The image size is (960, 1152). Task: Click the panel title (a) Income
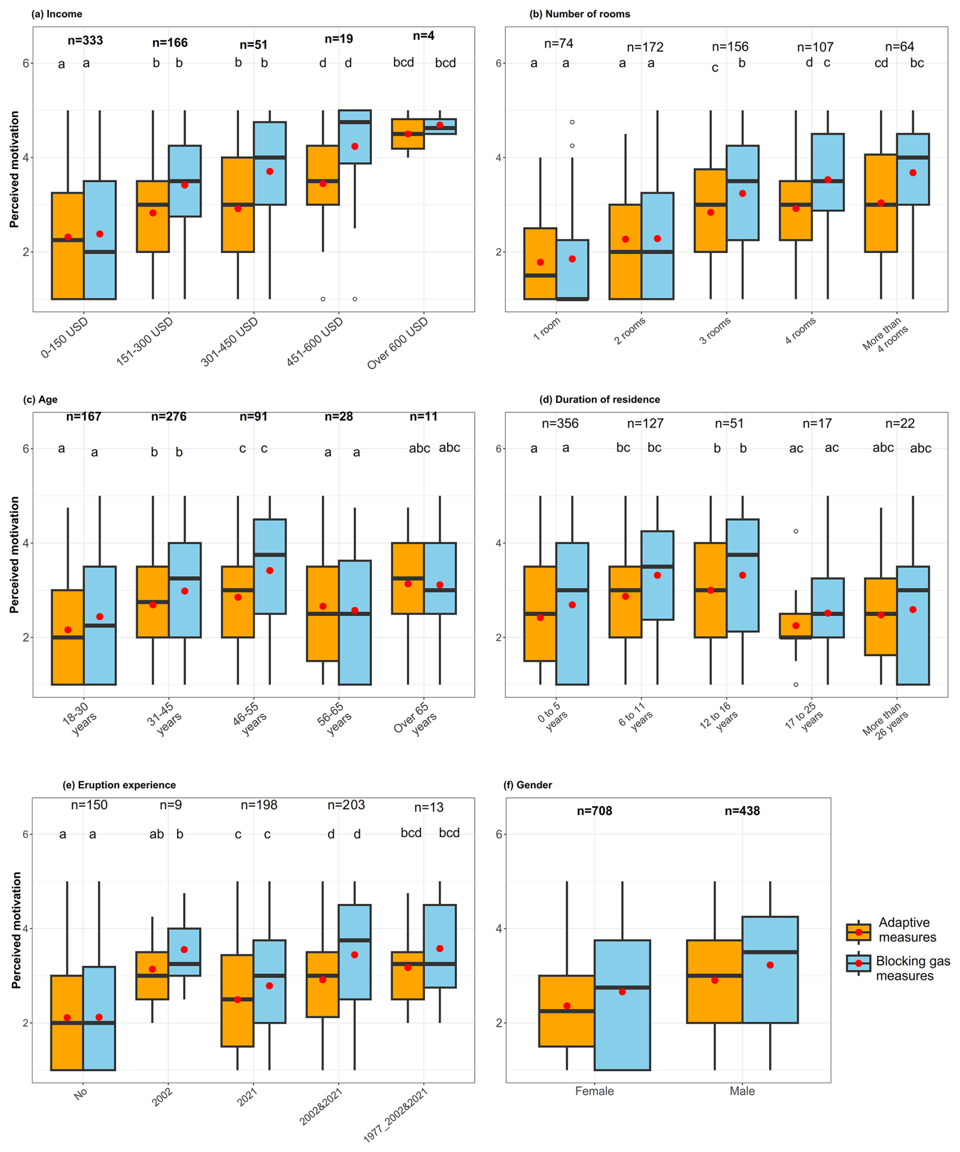pos(56,14)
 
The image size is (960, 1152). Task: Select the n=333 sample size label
pos(85,41)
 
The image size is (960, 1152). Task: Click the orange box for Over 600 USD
pos(407,134)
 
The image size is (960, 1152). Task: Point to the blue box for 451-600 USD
pos(355,136)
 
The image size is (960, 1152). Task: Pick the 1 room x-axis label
pos(547,329)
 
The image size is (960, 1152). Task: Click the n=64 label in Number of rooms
pos(899,47)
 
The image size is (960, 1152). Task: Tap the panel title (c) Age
pos(40,399)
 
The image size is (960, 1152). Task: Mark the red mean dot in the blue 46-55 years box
pos(270,571)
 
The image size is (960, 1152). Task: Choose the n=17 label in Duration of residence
pos(817,424)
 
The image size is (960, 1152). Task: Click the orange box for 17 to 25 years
pos(796,626)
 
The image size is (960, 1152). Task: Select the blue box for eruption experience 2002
pos(184,952)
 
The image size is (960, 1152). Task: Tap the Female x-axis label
pos(594,1091)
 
